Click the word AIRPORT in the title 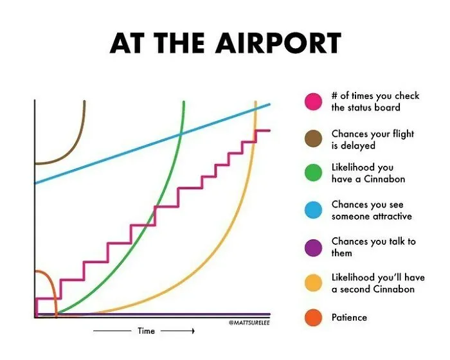tap(278, 43)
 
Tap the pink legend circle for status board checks tap(314, 102)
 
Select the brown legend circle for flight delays tap(314, 139)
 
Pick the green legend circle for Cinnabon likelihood tap(314, 173)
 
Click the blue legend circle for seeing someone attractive tap(314, 210)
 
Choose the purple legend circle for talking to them tap(314, 248)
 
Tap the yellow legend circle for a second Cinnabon tap(314, 283)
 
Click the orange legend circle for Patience tap(314, 318)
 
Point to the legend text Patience tap(349, 318)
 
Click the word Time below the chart tap(146, 331)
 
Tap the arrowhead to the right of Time tap(193, 331)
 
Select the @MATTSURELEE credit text tap(249, 323)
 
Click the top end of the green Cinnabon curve tap(184, 102)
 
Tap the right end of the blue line tap(269, 104)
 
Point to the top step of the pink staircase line tap(263, 130)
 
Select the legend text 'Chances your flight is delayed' tap(373, 139)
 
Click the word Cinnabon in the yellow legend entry tap(393, 289)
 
